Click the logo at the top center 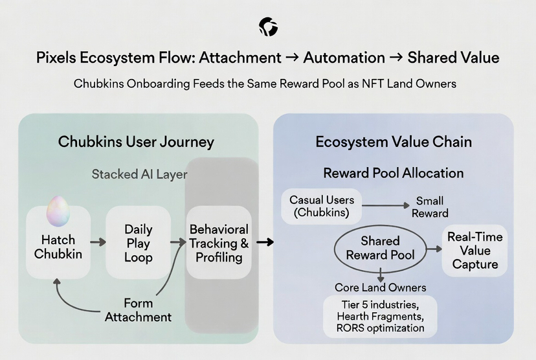[268, 27]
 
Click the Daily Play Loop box [139, 243]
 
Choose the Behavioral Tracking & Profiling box [219, 243]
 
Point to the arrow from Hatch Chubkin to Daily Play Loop [98, 242]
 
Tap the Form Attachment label [138, 310]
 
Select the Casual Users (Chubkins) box [322, 206]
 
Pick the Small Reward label [430, 207]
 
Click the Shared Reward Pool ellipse [380, 247]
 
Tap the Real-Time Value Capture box [475, 250]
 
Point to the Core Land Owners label [380, 287]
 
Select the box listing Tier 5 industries [380, 316]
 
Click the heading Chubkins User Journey [136, 142]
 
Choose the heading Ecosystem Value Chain [393, 142]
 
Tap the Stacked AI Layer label [140, 174]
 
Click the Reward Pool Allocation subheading [393, 173]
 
